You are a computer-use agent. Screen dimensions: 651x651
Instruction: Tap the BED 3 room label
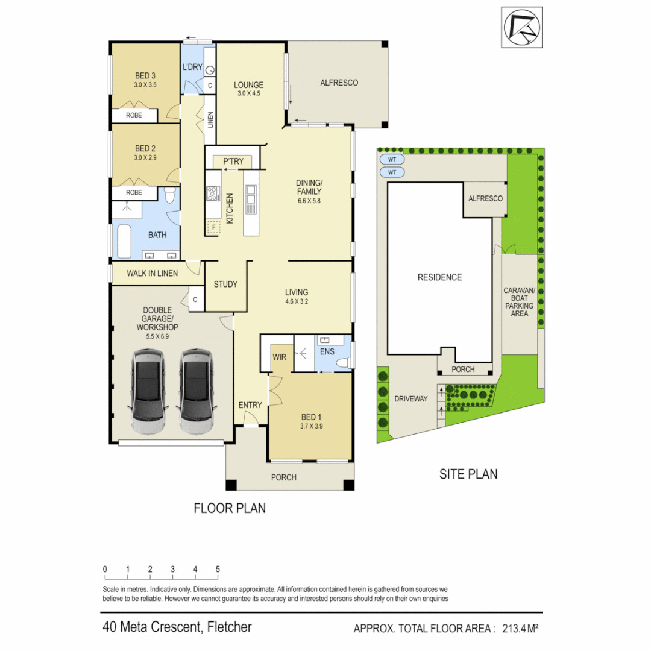tap(145, 76)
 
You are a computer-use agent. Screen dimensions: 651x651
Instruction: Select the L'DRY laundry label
tap(192, 66)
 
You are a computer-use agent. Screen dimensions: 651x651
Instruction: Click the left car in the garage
tap(148, 393)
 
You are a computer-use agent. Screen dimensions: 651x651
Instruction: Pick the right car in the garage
tap(196, 393)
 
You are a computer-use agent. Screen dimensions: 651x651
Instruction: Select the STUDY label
tap(225, 285)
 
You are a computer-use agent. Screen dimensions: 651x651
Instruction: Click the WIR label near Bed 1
tap(279, 357)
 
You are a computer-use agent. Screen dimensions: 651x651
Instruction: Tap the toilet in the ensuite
tap(344, 363)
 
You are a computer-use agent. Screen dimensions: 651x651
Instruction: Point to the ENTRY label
tap(250, 405)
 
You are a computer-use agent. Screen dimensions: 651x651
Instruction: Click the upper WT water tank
tap(392, 160)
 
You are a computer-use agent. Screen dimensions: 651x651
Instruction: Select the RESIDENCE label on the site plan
tap(439, 277)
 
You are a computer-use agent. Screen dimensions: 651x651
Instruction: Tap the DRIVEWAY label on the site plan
tap(410, 399)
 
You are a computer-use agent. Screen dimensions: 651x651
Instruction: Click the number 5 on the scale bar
tap(218, 569)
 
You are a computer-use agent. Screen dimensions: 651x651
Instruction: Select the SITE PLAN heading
tap(468, 474)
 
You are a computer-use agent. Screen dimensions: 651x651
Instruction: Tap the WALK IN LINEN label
tap(152, 273)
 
